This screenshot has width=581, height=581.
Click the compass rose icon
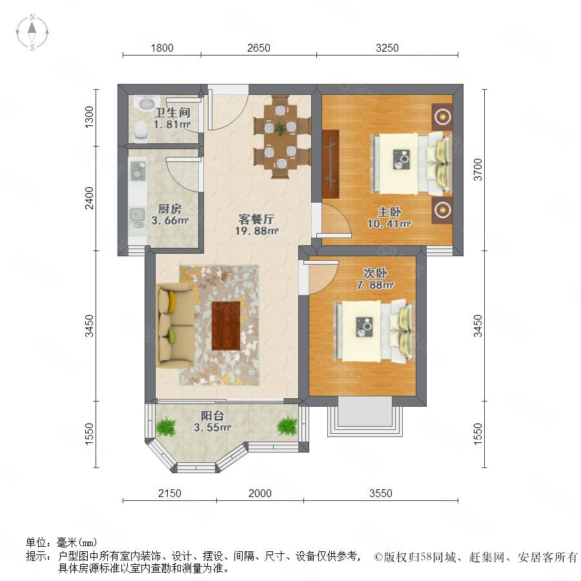coord(32,32)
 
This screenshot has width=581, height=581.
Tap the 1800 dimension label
coord(162,48)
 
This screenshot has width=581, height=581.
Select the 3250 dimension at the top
coord(387,48)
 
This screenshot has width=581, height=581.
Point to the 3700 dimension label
coord(478,170)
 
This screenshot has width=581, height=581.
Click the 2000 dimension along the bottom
coord(260,493)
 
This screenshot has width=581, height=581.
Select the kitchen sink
coord(137,217)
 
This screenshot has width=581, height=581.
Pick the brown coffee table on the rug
coord(226,326)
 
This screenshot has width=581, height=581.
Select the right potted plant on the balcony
coord(287,426)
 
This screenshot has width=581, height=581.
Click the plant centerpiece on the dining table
coord(281,128)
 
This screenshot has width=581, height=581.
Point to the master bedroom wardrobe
coord(331,164)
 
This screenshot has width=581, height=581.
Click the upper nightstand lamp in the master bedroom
coord(442,117)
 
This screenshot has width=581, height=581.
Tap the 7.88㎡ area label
coord(375,285)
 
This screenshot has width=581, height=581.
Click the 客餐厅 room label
coord(256,219)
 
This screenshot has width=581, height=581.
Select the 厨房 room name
coord(170,209)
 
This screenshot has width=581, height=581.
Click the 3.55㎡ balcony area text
coord(212,427)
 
